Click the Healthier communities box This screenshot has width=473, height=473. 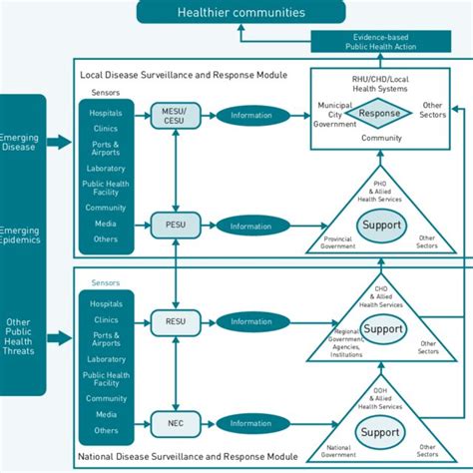coord(240,12)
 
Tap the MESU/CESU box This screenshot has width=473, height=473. coord(175,115)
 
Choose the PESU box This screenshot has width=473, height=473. coord(175,226)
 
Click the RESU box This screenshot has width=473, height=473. coord(175,321)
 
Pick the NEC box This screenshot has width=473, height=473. coord(175,422)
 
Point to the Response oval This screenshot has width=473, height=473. coord(378,114)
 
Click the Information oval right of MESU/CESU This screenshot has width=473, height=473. coord(250,115)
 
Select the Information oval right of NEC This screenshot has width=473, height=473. coord(250,422)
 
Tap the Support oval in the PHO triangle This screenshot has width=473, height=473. coord(380,225)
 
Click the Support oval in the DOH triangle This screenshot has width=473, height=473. coord(380,432)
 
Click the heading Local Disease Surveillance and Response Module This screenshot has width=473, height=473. coord(184,75)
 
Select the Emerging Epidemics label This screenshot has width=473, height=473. coord(21,236)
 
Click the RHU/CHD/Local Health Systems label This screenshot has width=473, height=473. coord(378,84)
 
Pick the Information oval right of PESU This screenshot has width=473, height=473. coord(250,226)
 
